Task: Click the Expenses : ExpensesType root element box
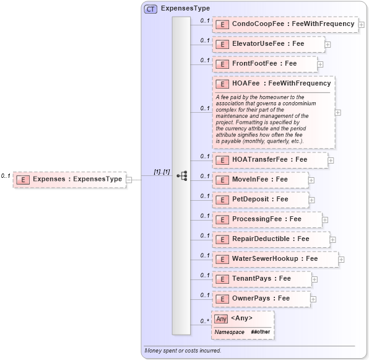[x=69, y=179]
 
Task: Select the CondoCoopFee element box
[x=284, y=24]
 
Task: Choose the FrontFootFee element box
[x=264, y=63]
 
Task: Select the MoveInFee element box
[x=259, y=179]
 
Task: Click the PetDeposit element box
[x=259, y=199]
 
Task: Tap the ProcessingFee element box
[x=266, y=219]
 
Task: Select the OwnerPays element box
[x=261, y=298]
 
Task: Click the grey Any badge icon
[x=221, y=318]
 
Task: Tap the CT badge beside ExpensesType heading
[x=150, y=9]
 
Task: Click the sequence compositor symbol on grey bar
[x=181, y=176]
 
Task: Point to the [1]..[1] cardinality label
[x=162, y=172]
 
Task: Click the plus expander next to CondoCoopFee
[x=362, y=25]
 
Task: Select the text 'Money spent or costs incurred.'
[x=183, y=351]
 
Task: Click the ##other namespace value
[x=261, y=332]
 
